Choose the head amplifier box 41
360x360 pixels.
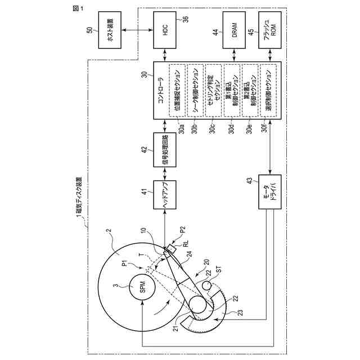tap(165, 194)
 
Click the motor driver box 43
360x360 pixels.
tap(268, 194)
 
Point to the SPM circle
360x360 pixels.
tap(143, 288)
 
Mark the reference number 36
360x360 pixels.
tap(186, 19)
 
